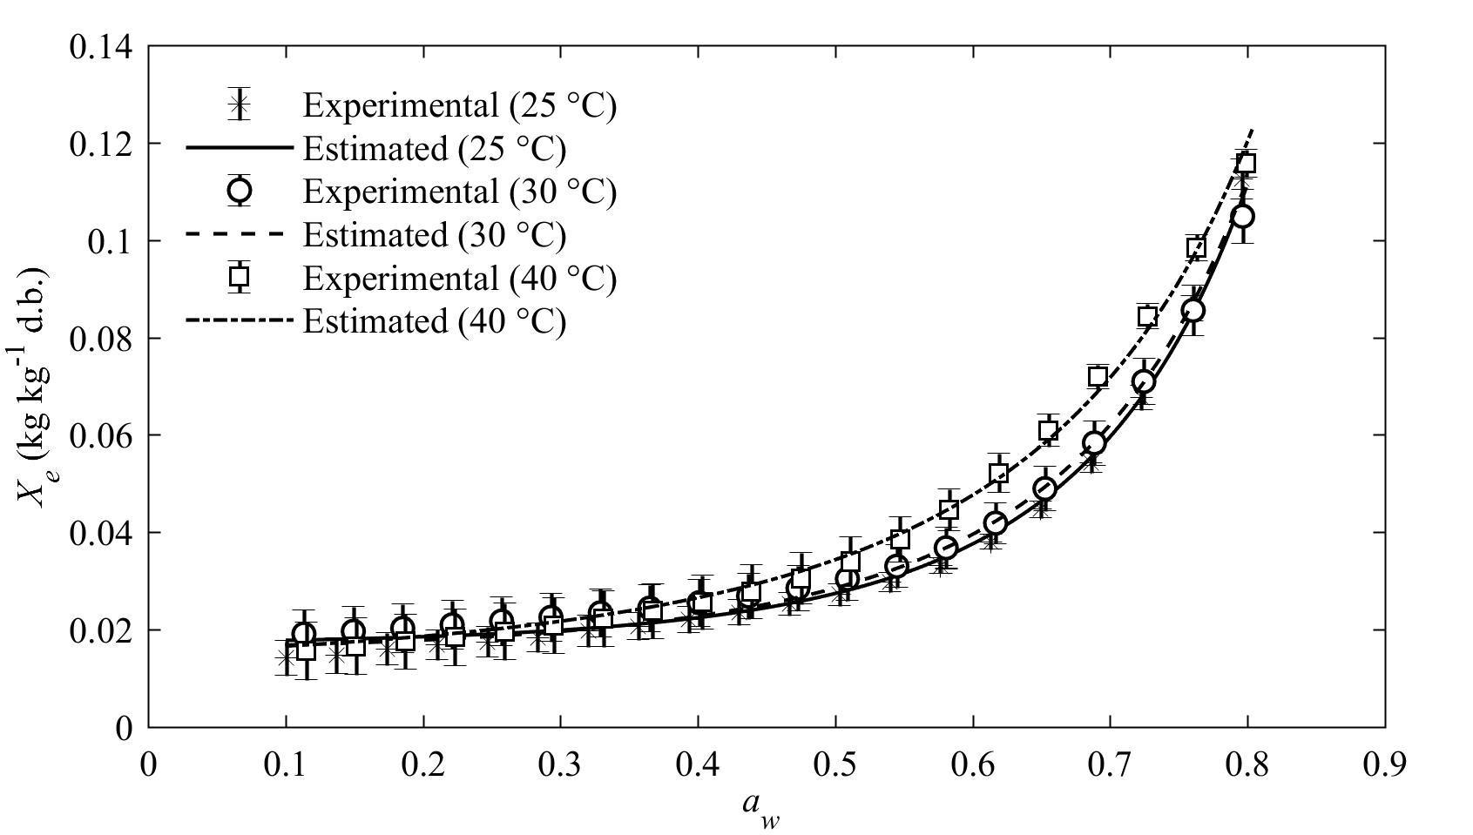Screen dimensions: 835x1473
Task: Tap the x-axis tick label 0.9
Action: click(1383, 764)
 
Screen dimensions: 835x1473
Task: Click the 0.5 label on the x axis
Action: click(834, 764)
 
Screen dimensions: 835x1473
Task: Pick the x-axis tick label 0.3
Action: click(560, 764)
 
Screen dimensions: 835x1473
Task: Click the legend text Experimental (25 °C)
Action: click(459, 105)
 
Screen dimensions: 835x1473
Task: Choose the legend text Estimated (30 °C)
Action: click(434, 235)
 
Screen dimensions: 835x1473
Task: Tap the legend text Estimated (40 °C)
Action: click(434, 321)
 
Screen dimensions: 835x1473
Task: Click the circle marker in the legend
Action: click(239, 190)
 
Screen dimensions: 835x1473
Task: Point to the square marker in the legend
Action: click(239, 277)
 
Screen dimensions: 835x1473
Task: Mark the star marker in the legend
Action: click(239, 105)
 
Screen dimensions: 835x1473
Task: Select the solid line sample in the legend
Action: click(239, 148)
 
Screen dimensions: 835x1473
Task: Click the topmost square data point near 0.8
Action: click(1246, 164)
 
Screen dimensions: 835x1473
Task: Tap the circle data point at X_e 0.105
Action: click(1243, 216)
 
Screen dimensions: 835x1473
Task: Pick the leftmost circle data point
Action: click(303, 633)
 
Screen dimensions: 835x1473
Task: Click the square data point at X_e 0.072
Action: click(1098, 376)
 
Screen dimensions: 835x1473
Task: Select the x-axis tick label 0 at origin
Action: click(149, 764)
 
